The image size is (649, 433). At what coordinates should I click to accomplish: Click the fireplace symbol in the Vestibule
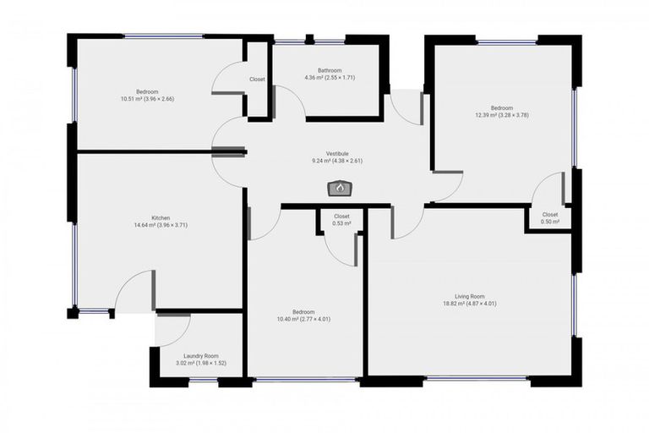coord(340,189)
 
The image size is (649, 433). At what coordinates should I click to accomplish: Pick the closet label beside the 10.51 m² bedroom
coord(257,79)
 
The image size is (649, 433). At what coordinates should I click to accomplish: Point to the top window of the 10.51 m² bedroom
coord(163,36)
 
